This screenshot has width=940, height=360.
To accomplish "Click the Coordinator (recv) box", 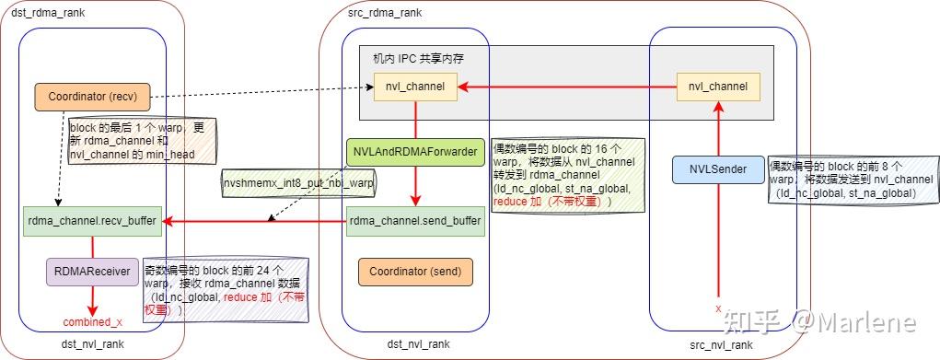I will [x=91, y=95].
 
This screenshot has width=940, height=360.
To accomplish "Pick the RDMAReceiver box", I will [x=91, y=272].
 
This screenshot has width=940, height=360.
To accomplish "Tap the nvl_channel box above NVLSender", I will [x=718, y=87].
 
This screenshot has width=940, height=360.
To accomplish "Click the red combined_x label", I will [x=92, y=321].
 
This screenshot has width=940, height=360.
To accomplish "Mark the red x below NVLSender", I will [x=718, y=309].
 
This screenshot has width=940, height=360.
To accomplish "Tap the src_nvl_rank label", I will [x=721, y=343].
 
